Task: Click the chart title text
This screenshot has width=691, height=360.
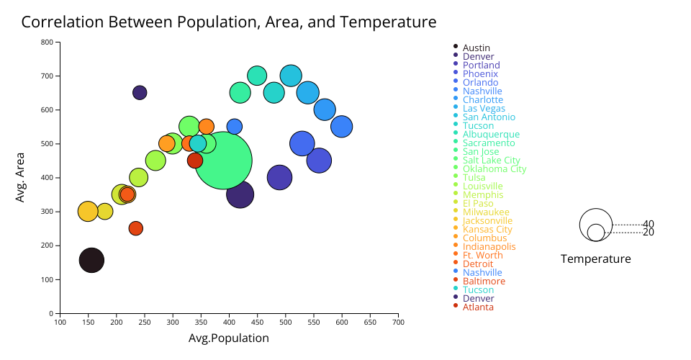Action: click(x=229, y=22)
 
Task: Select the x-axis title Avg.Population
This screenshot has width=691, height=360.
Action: click(x=229, y=338)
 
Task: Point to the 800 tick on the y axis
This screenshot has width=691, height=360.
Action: click(x=47, y=42)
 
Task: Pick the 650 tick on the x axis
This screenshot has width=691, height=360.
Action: click(x=370, y=322)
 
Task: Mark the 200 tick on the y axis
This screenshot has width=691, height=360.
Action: click(x=47, y=246)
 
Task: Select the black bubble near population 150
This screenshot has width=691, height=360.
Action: click(x=91, y=260)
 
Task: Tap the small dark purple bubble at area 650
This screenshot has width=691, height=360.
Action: click(x=140, y=92)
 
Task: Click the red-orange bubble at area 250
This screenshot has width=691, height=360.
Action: click(x=135, y=228)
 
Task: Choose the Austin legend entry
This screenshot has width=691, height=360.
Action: click(x=477, y=48)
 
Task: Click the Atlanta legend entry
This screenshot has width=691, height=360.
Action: click(x=478, y=307)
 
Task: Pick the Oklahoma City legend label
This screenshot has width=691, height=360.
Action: click(x=494, y=168)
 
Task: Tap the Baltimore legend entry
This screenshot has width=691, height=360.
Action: click(x=484, y=281)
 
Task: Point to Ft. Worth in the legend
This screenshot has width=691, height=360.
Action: click(x=482, y=255)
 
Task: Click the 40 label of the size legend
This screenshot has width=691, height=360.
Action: click(x=649, y=224)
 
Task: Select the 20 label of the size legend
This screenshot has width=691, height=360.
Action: click(x=649, y=232)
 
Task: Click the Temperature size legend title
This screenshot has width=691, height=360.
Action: click(x=596, y=259)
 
